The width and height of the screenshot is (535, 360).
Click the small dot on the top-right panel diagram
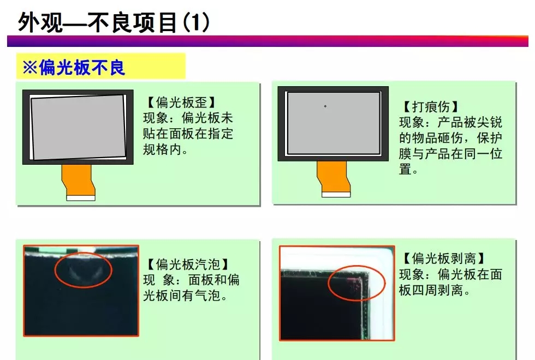(325, 106)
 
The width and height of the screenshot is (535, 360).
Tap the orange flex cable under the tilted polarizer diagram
(78, 179)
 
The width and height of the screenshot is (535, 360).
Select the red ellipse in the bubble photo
(83, 269)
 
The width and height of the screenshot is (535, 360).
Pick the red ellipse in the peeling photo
(356, 283)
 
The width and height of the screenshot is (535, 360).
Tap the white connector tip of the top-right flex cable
(336, 194)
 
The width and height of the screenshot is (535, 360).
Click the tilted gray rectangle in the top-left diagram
(78, 127)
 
